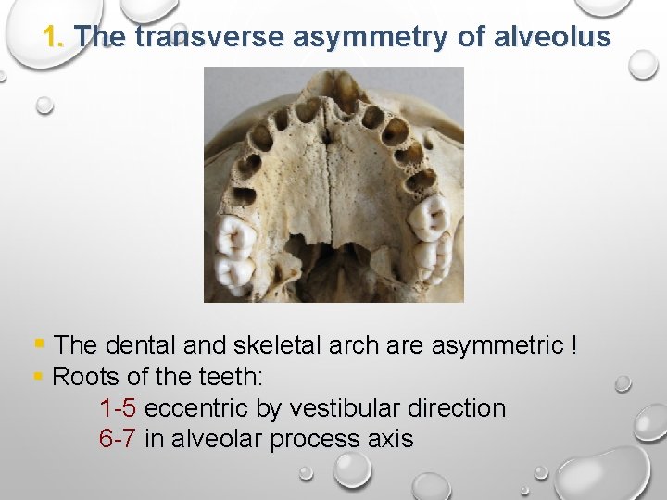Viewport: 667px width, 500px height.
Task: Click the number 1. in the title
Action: [55, 37]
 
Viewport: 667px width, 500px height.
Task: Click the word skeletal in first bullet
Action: [277, 346]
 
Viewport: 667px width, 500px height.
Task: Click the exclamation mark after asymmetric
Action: [575, 346]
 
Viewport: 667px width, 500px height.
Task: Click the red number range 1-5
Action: [118, 408]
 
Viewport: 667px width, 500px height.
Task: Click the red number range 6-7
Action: [118, 439]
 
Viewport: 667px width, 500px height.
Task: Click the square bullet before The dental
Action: [39, 345]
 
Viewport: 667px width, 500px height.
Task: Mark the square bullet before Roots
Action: [38, 376]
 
